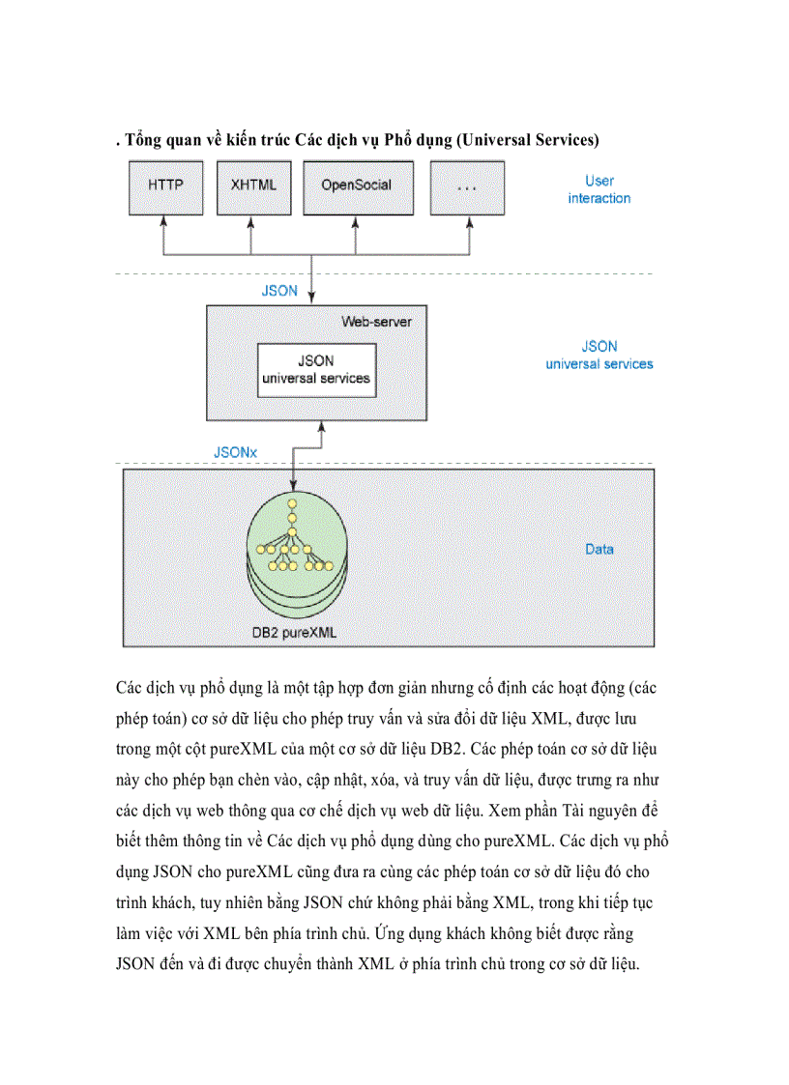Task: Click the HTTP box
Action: (165, 186)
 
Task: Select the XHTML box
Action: (252, 186)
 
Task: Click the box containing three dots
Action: (467, 186)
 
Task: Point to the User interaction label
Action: (599, 189)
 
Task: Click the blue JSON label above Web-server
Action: (279, 290)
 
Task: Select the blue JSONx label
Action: (235, 451)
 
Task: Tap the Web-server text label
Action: (375, 321)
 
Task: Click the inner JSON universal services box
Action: (316, 369)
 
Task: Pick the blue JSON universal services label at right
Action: (599, 355)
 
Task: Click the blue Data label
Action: (599, 549)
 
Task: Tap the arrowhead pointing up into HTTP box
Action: (165, 221)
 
